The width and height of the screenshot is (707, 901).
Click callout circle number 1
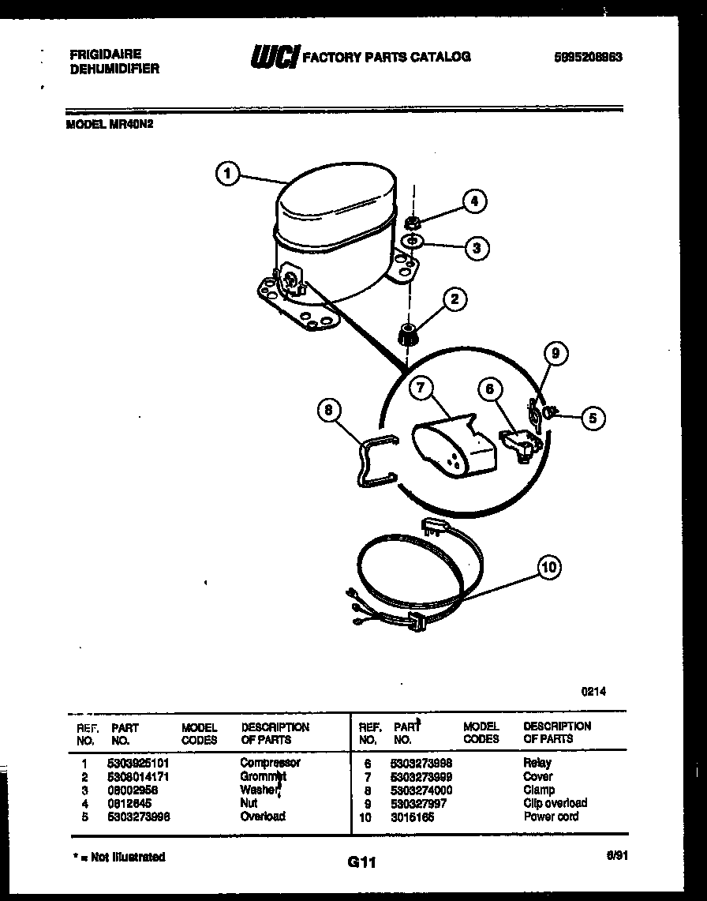pos(227,174)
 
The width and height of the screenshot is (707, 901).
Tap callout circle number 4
pos(474,201)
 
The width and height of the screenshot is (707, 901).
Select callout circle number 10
pos(551,566)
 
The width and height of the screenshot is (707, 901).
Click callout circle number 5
pos(593,418)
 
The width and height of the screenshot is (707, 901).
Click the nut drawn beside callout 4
pos(412,222)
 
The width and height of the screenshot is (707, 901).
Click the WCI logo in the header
pos(274,57)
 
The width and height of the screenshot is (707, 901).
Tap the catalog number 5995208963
pos(588,57)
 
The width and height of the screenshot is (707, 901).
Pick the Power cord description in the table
pos(551,817)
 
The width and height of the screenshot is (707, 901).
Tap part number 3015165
pos(412,817)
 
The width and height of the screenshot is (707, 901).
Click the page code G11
pos(361,864)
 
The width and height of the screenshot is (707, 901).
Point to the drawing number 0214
pos(593,691)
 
